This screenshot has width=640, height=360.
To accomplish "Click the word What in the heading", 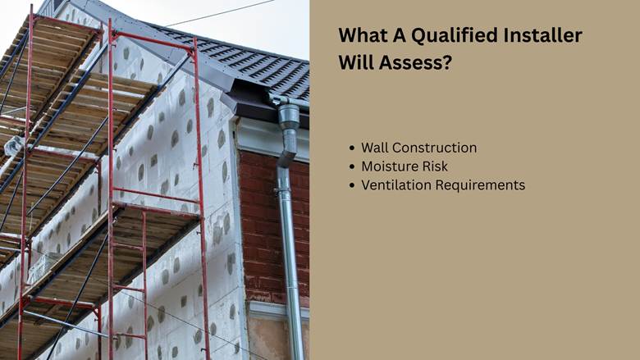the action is click(x=363, y=35).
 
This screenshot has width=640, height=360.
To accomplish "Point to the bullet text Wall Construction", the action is click(x=418, y=148).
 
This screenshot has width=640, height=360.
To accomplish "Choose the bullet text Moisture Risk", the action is click(x=405, y=166).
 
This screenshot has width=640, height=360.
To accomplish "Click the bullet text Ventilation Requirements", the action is click(x=443, y=185).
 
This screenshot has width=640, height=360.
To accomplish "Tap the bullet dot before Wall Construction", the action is click(x=352, y=148).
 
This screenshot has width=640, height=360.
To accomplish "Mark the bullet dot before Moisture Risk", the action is click(x=352, y=166).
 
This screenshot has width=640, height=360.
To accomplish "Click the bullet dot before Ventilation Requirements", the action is click(x=352, y=185).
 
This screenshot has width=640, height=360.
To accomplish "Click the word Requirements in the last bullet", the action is click(x=480, y=185).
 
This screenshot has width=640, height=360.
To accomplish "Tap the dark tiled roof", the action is click(x=245, y=62).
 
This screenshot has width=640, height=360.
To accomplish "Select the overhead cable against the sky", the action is click(x=221, y=13).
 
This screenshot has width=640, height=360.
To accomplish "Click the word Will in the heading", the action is click(x=355, y=63).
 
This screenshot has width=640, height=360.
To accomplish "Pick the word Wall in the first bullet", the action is click(x=375, y=148).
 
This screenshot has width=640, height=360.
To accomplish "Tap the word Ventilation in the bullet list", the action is click(x=396, y=185).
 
